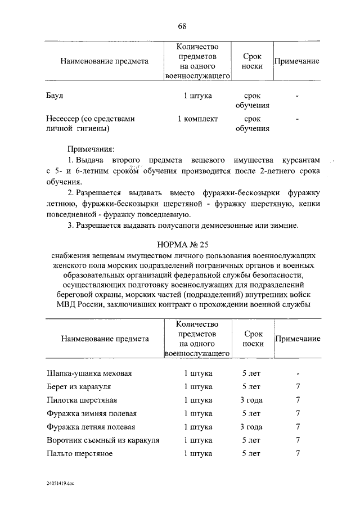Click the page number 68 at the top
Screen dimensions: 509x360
[182, 26]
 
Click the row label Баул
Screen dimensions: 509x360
[55, 96]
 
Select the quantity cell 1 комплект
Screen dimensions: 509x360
[197, 119]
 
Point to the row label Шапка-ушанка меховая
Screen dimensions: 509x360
[89, 373]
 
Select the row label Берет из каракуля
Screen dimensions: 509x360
[79, 387]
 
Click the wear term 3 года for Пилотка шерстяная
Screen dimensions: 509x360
[251, 400]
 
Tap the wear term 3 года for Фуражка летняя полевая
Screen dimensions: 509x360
[251, 427]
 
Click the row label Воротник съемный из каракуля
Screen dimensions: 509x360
[103, 440]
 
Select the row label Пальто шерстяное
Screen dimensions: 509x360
[79, 453]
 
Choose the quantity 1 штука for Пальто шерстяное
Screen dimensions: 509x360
[197, 453]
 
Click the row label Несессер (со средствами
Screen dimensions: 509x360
[91, 119]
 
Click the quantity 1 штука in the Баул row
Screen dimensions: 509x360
[197, 96]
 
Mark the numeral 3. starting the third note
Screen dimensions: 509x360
[71, 226]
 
